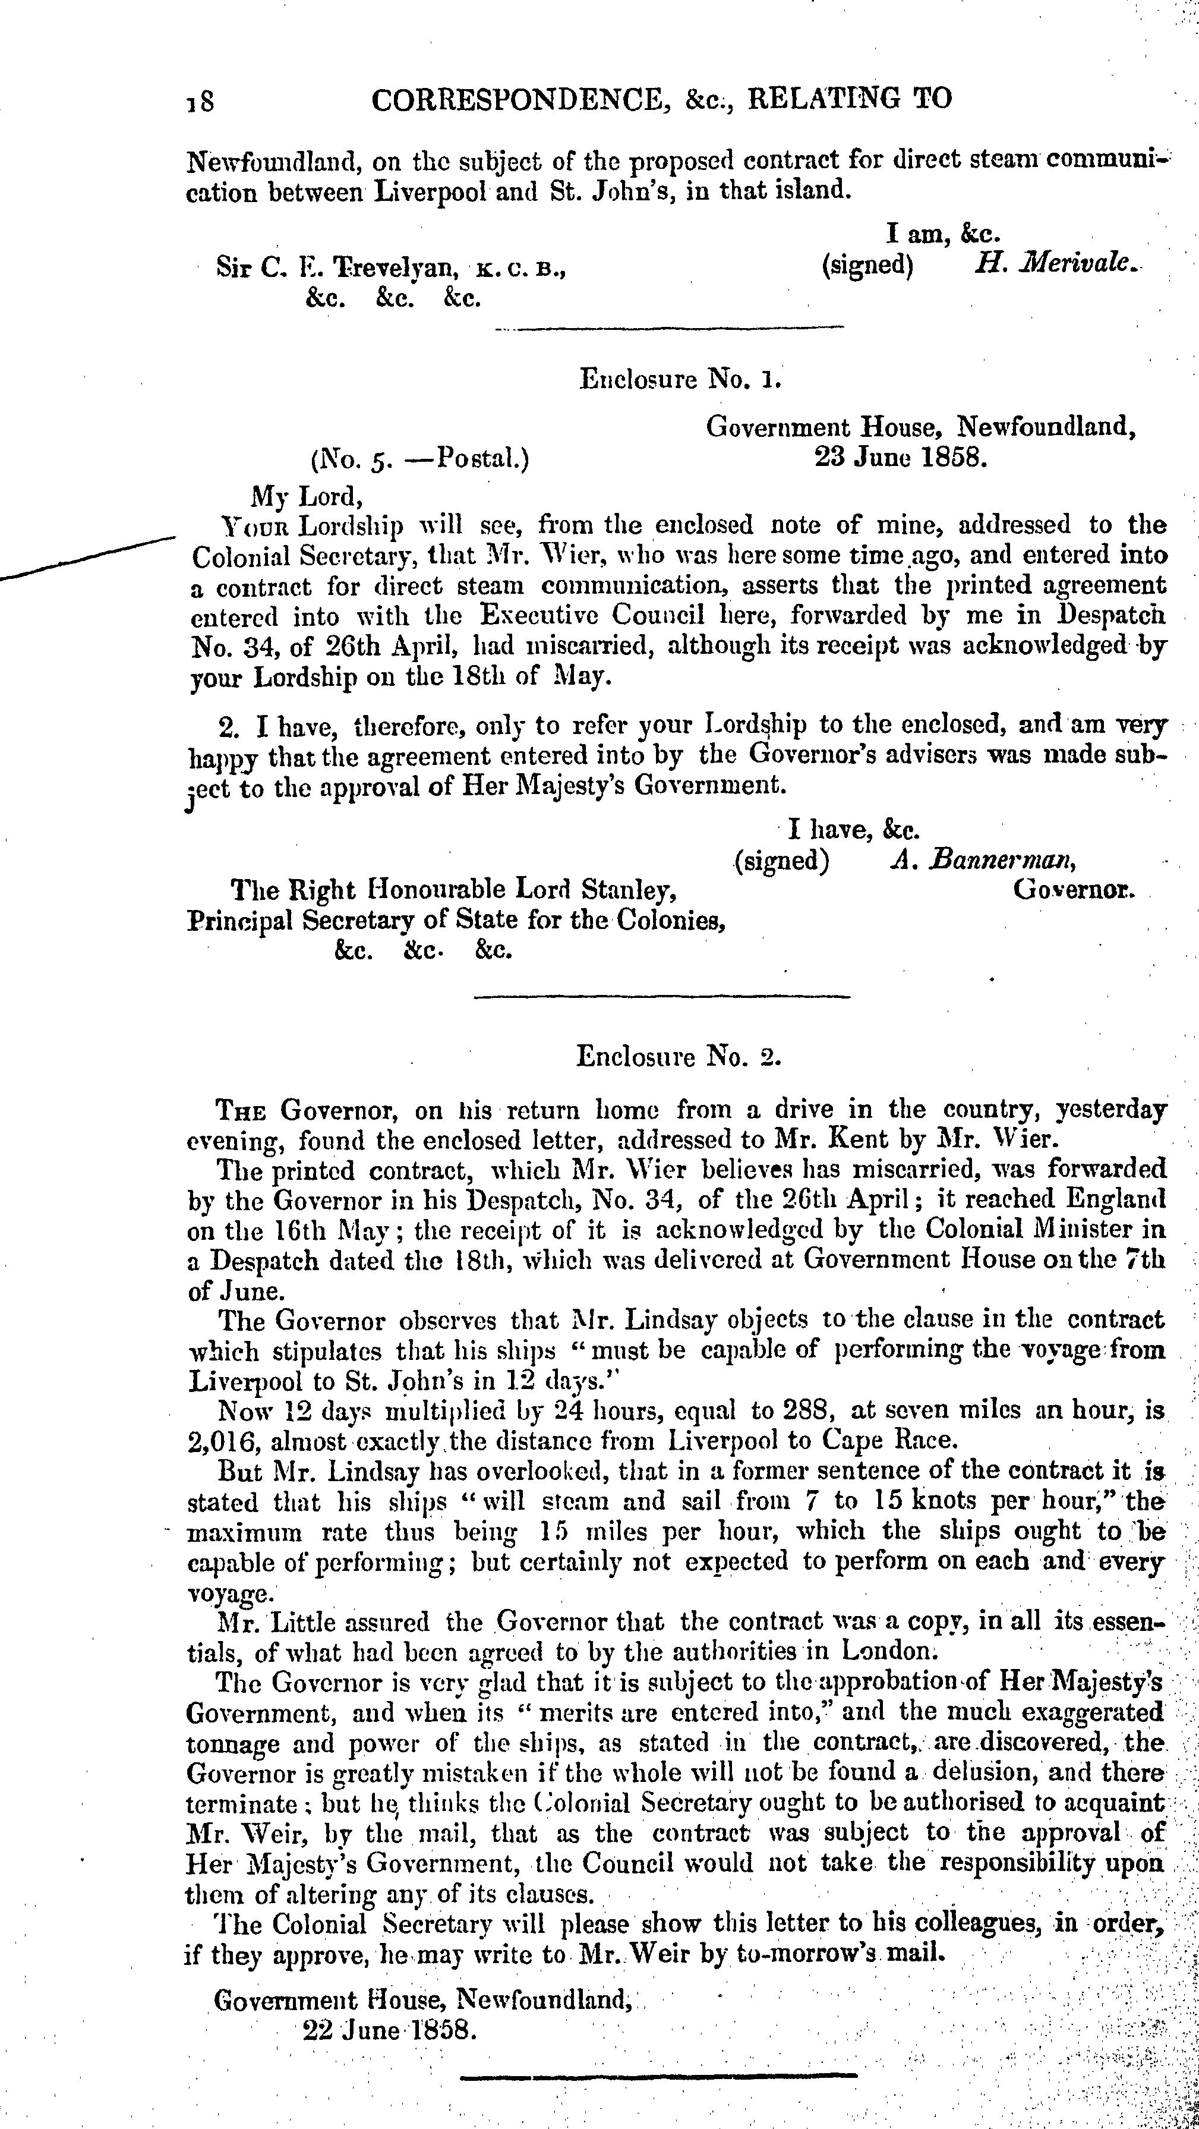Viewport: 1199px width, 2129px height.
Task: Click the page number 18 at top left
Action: click(x=201, y=102)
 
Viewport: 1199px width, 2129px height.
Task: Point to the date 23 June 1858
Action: click(x=901, y=456)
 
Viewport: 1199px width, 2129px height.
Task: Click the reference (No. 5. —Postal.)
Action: click(x=420, y=458)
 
